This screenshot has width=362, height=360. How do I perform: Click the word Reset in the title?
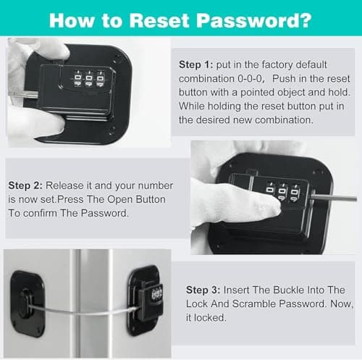(159, 20)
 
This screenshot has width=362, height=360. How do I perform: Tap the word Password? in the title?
(254, 20)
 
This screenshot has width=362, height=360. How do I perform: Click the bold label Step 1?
(196, 64)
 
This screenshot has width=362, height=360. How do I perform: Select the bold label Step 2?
(25, 185)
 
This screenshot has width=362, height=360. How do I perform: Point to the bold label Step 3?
(203, 290)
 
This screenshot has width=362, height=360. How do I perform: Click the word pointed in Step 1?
(257, 93)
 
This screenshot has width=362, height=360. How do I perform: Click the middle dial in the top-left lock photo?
(89, 79)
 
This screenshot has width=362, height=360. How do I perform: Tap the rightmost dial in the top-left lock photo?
(100, 78)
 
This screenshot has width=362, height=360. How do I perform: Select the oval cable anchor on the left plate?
(25, 302)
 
